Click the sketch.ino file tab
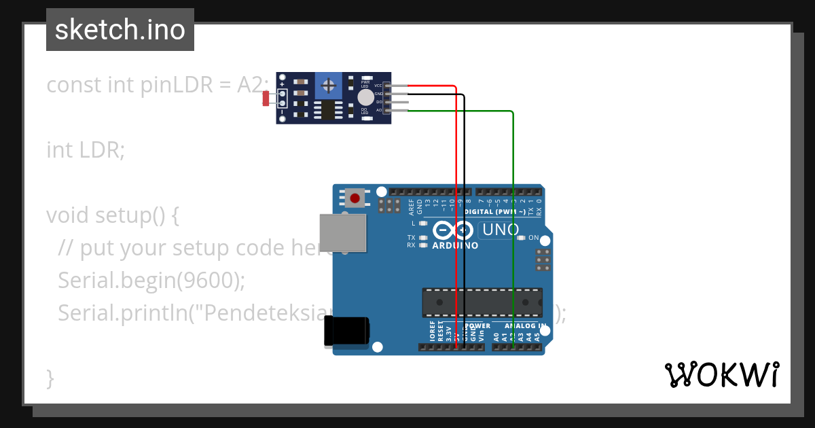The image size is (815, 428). click(120, 30)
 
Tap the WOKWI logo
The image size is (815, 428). click(721, 374)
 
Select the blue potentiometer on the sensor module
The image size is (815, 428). click(329, 86)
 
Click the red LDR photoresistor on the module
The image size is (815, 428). click(266, 99)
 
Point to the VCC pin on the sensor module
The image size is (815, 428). click(396, 86)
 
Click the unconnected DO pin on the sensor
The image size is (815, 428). click(397, 102)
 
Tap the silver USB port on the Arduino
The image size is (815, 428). click(342, 232)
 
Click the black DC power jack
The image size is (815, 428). click(346, 331)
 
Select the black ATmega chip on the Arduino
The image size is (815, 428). click(482, 302)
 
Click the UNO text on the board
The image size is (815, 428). click(501, 230)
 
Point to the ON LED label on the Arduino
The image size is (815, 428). click(534, 238)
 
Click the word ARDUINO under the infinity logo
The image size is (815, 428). click(455, 245)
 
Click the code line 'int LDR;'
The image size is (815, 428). click(86, 149)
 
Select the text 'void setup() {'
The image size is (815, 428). click(112, 215)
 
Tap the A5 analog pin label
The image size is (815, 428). click(537, 336)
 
